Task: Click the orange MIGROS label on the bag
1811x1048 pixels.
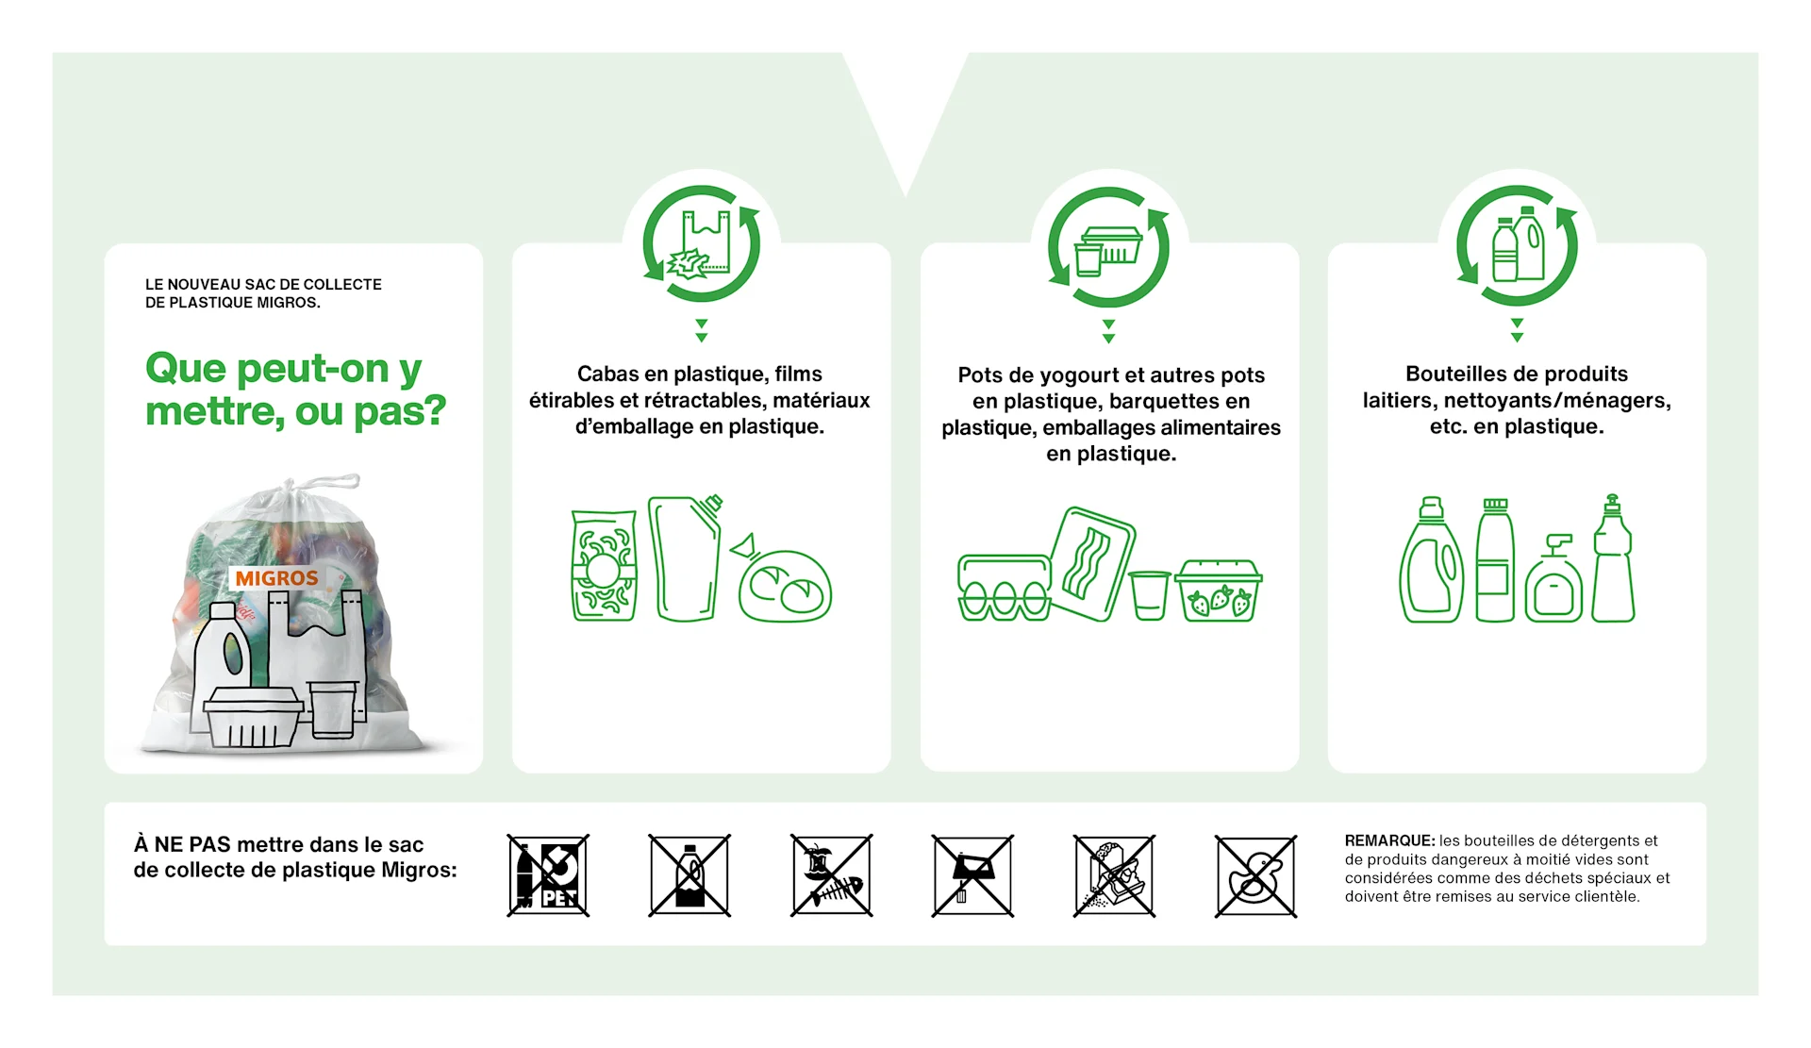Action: coord(276,578)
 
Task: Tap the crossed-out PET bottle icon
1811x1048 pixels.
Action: coord(548,875)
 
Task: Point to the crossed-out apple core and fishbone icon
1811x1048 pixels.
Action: coord(831,875)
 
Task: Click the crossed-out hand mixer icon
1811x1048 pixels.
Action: coord(972,875)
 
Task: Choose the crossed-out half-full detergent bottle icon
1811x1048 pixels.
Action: coord(690,875)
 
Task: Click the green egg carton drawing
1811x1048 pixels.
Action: coord(1004,588)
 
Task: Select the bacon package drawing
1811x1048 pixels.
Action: coord(1092,563)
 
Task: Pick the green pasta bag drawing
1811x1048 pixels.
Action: coord(604,566)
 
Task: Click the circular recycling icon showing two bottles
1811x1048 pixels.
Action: coord(1517,246)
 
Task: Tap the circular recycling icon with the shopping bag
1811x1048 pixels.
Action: coord(701,244)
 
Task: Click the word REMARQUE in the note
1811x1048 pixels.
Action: coord(1388,840)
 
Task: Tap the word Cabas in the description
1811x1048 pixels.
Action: coord(606,374)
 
